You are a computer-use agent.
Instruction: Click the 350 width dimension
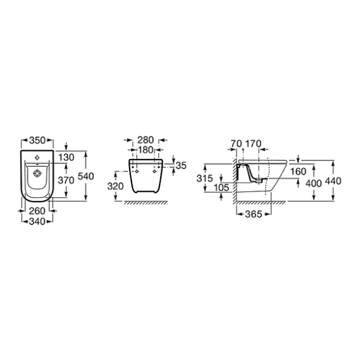point(37,141)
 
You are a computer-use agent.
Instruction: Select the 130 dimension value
point(66,158)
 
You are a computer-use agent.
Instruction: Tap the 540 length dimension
point(86,176)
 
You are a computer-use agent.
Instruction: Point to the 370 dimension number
point(66,180)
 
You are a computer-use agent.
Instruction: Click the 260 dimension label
point(37,211)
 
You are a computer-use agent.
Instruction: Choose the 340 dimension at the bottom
point(37,221)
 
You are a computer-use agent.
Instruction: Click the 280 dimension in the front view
point(145,140)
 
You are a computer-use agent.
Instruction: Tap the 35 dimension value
point(181,166)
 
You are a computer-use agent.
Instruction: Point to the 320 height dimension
point(116,186)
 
